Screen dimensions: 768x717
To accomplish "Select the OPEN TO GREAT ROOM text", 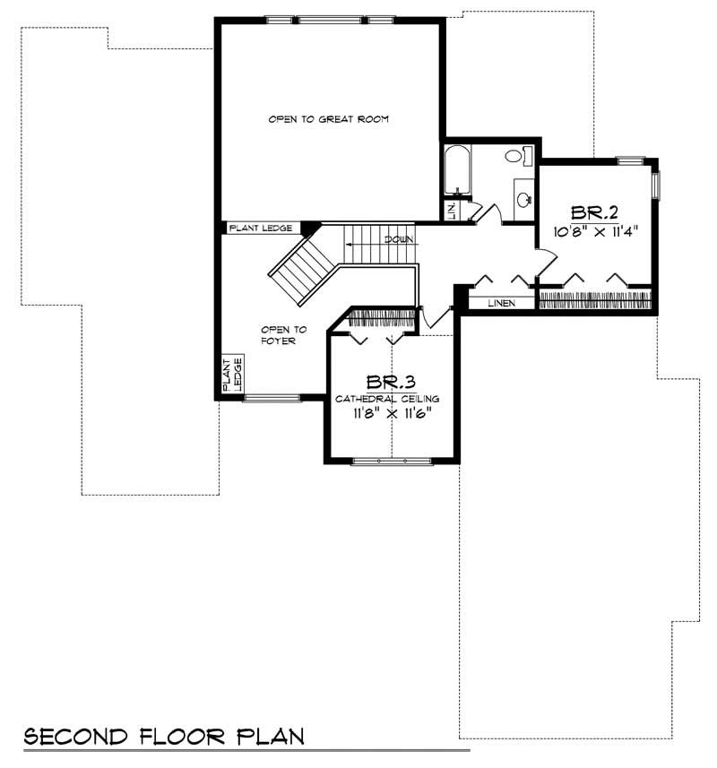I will click(x=328, y=119).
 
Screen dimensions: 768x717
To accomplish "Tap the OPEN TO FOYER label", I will click(x=279, y=334).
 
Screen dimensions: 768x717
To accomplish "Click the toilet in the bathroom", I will click(x=514, y=156).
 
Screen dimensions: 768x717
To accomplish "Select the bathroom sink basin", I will click(x=522, y=198).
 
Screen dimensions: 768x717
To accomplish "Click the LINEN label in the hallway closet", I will click(x=501, y=303).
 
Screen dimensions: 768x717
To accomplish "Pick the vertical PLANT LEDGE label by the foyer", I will click(x=232, y=374).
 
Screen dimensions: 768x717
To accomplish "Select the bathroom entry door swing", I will click(x=479, y=212).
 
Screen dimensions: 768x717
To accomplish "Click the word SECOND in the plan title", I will click(x=77, y=738).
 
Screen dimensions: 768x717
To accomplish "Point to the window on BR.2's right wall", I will click(x=655, y=185).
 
